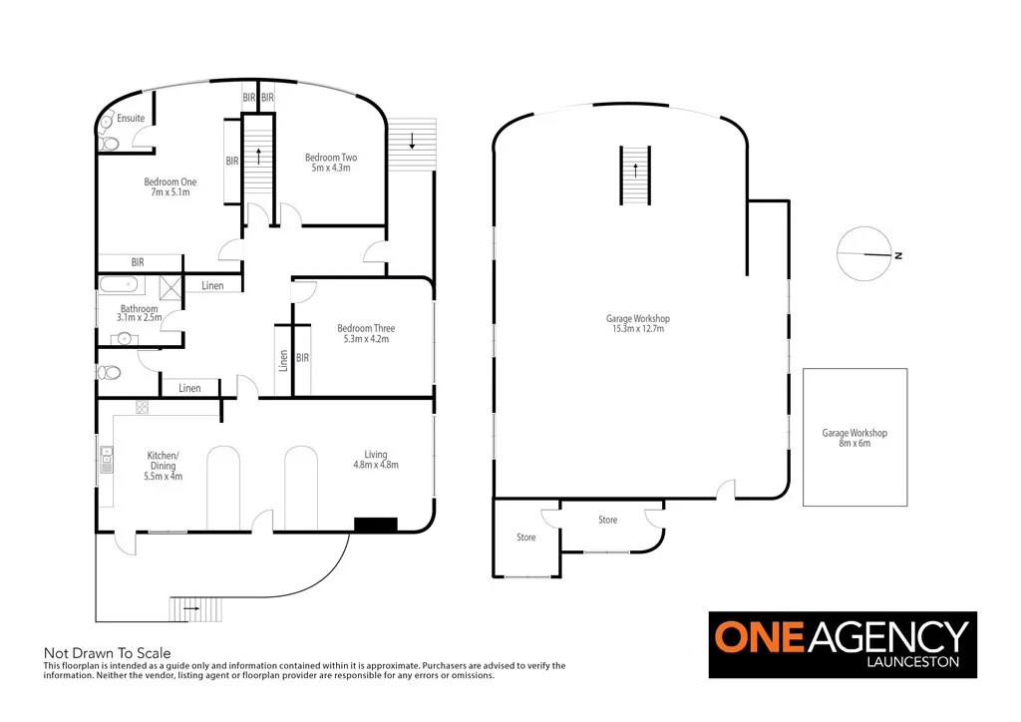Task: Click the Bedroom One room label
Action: tap(170, 186)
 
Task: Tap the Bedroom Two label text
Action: tap(331, 163)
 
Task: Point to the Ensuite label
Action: tap(131, 119)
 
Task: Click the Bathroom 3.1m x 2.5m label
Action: tap(139, 313)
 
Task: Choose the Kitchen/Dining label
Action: tap(163, 466)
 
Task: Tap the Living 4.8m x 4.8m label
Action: tap(375, 460)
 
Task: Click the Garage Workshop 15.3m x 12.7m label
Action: tap(635, 323)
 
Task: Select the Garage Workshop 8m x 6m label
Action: tap(854, 438)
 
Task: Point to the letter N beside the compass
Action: tap(898, 256)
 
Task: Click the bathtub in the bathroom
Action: tap(122, 286)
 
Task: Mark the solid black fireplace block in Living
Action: tap(376, 524)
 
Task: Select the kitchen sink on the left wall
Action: tap(106, 461)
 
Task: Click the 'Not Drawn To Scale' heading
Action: tap(107, 653)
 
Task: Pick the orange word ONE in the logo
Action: tap(762, 637)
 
